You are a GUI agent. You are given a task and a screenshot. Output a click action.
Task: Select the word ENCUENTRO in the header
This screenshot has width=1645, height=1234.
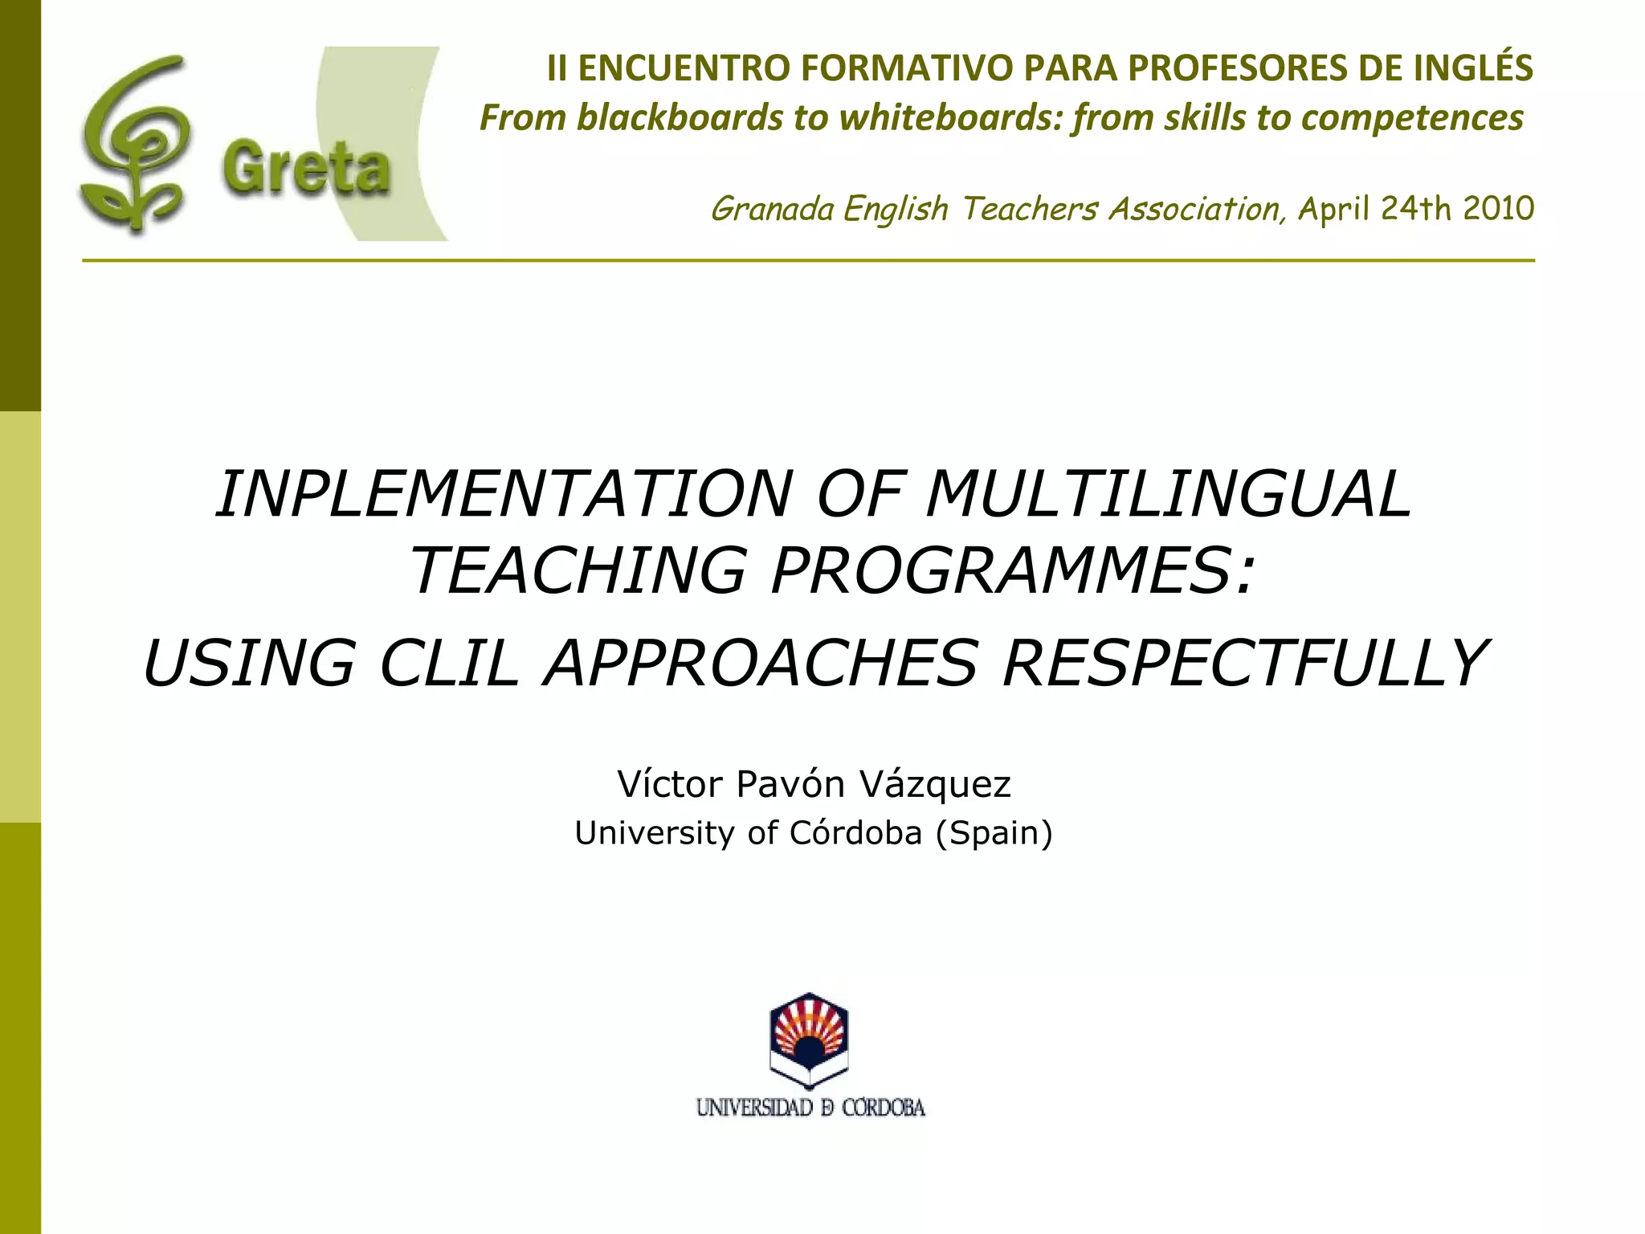684,68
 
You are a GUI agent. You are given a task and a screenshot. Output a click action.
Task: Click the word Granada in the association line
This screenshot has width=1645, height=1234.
773,209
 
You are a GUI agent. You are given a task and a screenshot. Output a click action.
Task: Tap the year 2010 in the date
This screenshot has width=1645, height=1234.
1498,208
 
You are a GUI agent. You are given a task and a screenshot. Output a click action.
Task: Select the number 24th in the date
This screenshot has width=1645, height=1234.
1415,208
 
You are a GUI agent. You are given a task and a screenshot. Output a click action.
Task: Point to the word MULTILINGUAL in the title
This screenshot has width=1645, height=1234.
1169,494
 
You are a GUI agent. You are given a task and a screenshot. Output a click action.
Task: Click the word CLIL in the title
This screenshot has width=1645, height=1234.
449,663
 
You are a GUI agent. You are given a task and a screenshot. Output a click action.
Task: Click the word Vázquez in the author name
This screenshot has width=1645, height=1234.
935,784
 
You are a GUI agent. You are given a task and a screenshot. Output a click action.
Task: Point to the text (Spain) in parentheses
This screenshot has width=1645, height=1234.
994,833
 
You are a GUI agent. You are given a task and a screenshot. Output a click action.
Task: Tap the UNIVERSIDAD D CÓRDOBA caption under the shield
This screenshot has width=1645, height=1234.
810,1108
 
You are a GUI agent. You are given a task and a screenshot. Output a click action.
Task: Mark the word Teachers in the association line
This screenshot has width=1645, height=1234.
1031,209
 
